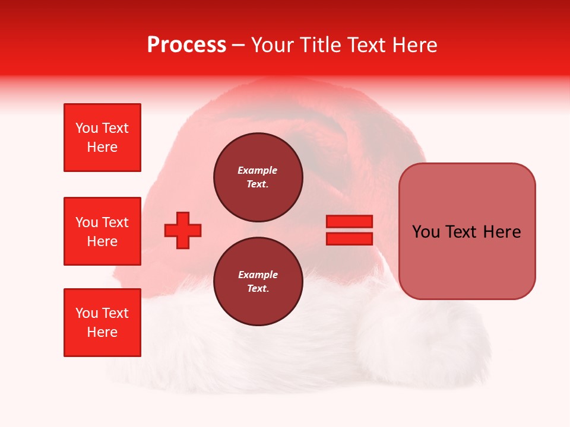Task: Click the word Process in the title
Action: [186, 45]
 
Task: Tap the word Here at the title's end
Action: [412, 45]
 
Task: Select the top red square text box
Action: [102, 138]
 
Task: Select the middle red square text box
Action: [102, 231]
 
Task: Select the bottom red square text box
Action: [102, 323]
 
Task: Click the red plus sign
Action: [183, 230]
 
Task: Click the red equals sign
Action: [349, 230]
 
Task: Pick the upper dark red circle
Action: [258, 177]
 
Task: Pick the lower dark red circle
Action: [258, 282]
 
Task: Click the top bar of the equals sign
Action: [349, 221]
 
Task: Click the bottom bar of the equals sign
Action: [349, 238]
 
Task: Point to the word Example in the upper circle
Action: [257, 170]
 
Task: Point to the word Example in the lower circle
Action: [258, 275]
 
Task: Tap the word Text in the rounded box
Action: [465, 232]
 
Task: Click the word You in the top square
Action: [86, 128]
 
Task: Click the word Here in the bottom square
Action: [102, 332]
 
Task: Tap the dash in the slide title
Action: [238, 46]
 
